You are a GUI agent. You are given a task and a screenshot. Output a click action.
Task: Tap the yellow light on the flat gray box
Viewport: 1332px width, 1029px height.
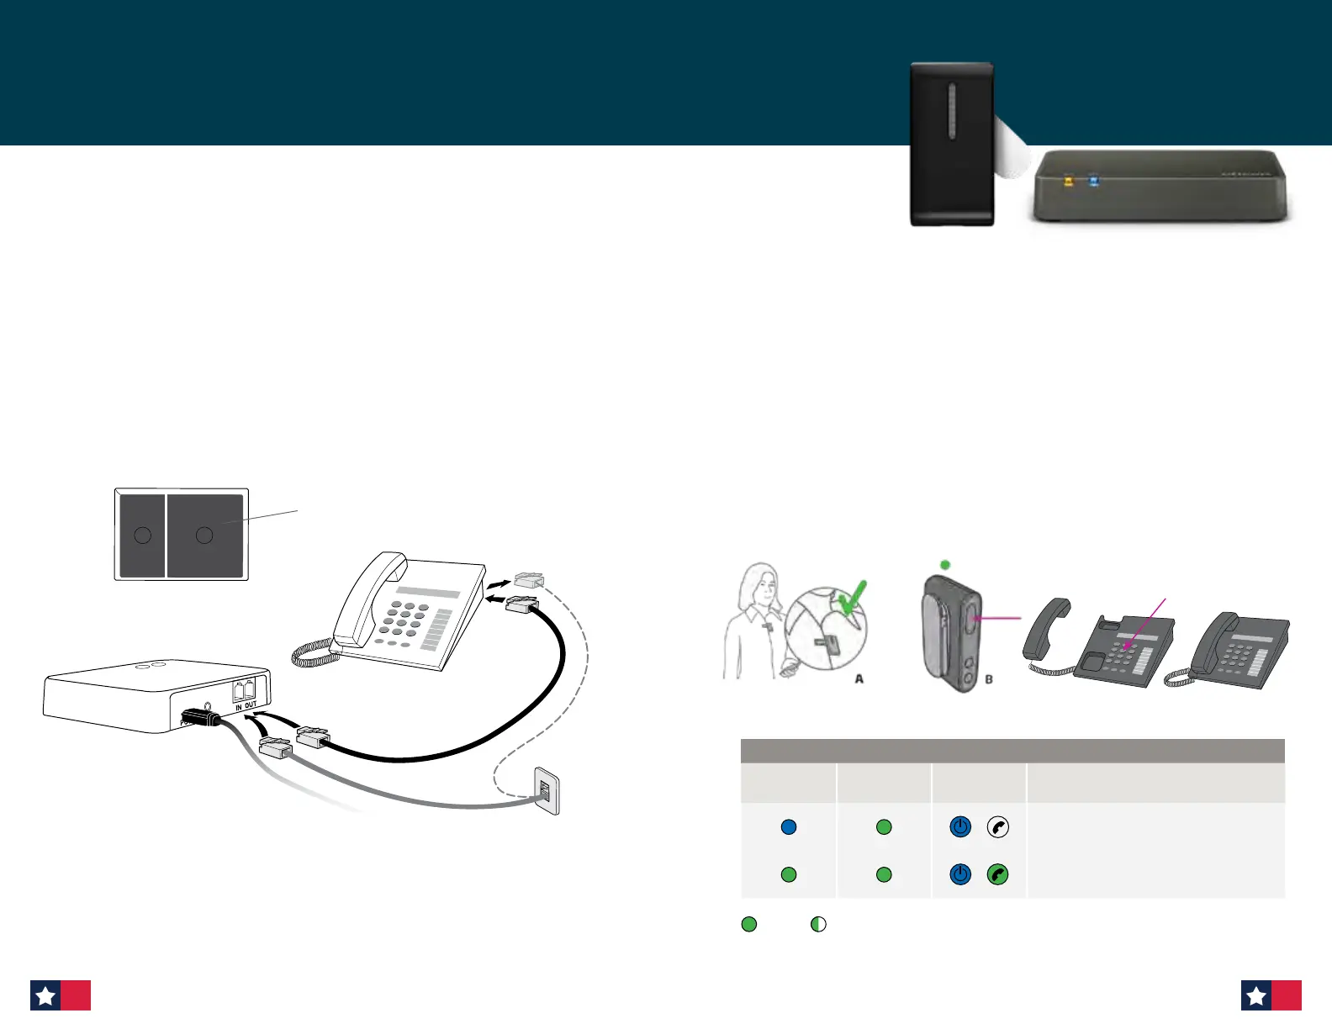(1069, 181)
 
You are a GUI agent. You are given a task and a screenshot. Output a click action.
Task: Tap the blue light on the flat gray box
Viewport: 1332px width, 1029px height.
(1093, 181)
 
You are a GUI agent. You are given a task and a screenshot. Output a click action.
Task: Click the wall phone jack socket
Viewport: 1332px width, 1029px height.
(545, 791)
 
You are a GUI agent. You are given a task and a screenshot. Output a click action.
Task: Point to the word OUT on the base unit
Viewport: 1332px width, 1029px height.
(251, 705)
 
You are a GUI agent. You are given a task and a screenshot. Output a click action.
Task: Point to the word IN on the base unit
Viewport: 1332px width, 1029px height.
(239, 708)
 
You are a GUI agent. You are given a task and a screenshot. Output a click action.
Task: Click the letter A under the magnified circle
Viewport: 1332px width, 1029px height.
(859, 678)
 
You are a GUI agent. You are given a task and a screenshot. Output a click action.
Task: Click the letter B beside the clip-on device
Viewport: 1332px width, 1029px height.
(989, 678)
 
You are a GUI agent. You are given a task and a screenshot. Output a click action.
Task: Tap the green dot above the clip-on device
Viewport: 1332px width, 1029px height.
(945, 565)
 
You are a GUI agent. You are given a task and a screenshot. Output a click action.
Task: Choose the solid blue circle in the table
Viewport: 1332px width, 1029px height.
(789, 827)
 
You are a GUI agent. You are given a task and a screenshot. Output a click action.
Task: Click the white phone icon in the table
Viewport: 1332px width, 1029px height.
(997, 827)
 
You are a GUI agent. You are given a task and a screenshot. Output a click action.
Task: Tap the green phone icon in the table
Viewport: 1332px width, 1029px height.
(997, 875)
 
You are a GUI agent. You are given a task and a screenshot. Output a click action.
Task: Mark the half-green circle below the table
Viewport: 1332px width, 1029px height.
(818, 925)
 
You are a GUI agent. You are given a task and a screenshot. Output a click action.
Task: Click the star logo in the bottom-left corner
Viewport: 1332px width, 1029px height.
(45, 996)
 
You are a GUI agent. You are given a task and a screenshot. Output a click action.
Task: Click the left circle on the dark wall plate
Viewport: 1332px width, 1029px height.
(143, 536)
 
